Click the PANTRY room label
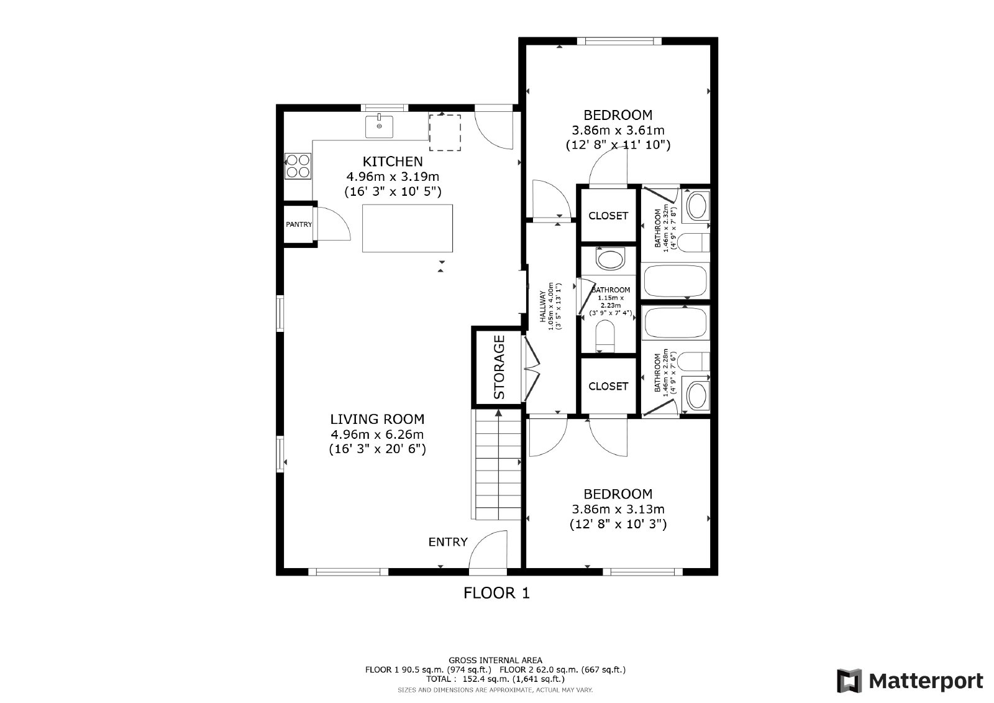pos(299,224)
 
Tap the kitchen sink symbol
pos(379,126)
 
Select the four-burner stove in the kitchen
pos(298,165)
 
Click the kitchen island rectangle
pos(408,228)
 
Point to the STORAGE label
pos(499,367)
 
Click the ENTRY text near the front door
pos(448,542)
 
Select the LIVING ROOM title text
pos(377,419)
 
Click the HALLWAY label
pos(542,306)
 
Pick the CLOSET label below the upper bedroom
pos(608,216)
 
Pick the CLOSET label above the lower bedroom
pos(608,386)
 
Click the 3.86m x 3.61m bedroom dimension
pos(618,130)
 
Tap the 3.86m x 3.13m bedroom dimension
pos(618,509)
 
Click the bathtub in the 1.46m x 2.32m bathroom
pos(675,281)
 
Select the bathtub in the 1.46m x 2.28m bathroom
pos(675,322)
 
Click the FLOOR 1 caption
pos(496,593)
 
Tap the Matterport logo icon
pos(849,681)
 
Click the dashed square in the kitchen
pos(445,132)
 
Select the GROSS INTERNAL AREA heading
pos(495,660)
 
